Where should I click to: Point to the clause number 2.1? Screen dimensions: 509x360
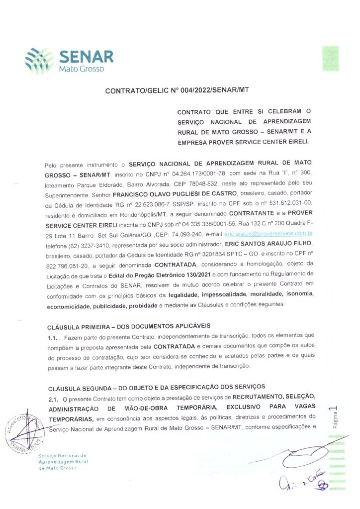(x=53, y=397)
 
